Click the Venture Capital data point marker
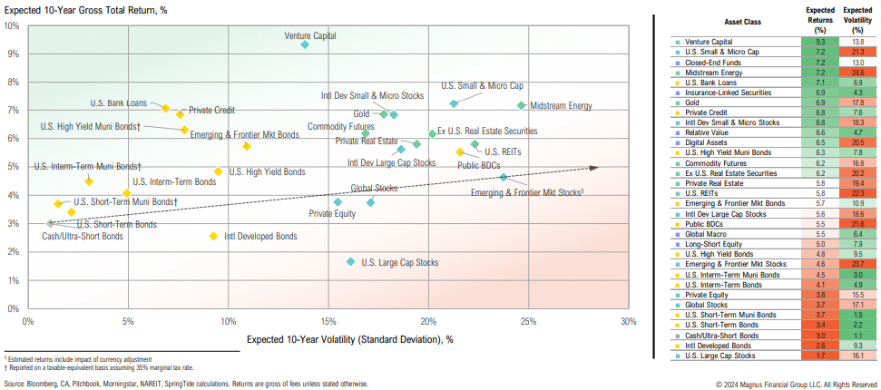(305, 44)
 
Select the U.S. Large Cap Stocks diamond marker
(350, 261)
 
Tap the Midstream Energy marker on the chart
(521, 105)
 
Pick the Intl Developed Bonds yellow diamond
(213, 236)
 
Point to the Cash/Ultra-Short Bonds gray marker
(51, 223)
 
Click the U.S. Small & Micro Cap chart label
(482, 85)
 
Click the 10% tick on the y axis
(13, 25)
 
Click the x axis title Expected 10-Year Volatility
(349, 339)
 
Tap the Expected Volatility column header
(857, 21)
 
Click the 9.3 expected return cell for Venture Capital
(820, 42)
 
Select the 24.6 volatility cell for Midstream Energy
(857, 72)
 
